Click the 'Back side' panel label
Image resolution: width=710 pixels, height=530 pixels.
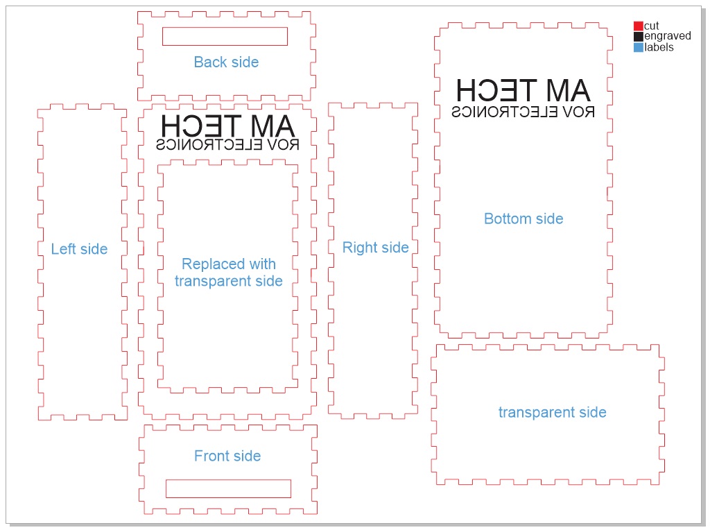[x=226, y=62]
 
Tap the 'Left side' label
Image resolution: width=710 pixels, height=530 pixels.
[x=79, y=249]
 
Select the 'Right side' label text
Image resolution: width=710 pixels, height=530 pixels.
[x=375, y=248]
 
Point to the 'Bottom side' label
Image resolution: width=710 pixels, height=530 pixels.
[x=523, y=219]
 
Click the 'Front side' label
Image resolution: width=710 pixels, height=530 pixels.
[x=227, y=456]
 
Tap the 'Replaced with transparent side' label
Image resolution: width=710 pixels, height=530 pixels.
[x=229, y=273]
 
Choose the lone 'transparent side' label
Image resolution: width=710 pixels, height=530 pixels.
[x=552, y=413]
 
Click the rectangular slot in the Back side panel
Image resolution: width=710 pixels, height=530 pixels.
[x=225, y=36]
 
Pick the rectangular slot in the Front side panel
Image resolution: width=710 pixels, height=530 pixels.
[x=228, y=488]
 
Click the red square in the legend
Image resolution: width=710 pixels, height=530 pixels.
[x=639, y=26]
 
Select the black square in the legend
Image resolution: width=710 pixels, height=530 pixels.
[x=639, y=37]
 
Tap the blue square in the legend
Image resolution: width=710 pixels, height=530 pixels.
[x=639, y=48]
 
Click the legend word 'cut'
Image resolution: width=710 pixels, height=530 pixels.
[x=652, y=26]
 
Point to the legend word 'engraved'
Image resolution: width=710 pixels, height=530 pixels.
[x=668, y=37]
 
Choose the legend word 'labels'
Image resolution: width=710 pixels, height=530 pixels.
[x=659, y=48]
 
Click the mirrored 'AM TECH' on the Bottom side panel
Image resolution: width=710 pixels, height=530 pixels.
[x=523, y=90]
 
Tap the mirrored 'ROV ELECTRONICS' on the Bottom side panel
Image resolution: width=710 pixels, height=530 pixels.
[x=523, y=112]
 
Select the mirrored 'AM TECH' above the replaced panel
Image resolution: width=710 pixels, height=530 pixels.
[x=228, y=126]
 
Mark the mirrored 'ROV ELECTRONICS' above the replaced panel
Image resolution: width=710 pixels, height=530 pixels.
[x=228, y=145]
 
